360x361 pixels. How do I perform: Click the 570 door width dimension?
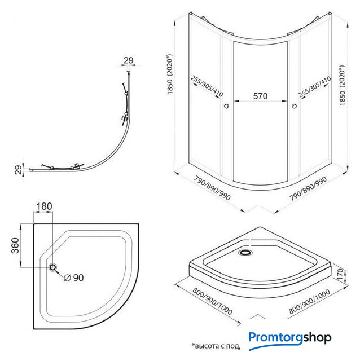tap(260, 96)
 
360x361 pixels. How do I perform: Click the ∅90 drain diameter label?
tap(73, 278)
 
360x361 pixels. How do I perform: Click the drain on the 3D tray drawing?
tap(246, 252)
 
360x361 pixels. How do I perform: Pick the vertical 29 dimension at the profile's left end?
tap(17, 170)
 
